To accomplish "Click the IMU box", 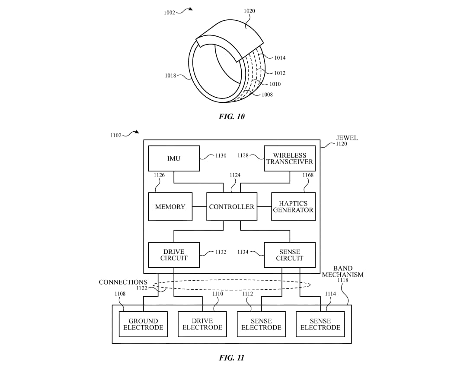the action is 174,158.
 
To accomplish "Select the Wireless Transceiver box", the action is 289,158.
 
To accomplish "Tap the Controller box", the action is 232,206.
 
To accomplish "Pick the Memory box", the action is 170,206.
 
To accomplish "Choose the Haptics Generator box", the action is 293,206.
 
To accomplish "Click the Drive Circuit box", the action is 174,255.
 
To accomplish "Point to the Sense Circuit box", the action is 289,255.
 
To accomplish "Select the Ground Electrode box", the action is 143,324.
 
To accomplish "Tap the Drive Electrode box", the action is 202,324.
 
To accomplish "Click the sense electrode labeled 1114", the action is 320,324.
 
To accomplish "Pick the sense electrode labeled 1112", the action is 261,324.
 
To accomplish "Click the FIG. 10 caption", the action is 232,116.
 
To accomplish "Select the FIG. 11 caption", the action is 232,358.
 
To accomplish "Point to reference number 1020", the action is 249,11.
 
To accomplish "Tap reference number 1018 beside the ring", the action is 170,76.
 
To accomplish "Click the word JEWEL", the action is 347,138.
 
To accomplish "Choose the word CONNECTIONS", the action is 123,282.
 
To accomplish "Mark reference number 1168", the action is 308,175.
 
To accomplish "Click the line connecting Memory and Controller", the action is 199,206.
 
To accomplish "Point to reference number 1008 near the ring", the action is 267,95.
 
